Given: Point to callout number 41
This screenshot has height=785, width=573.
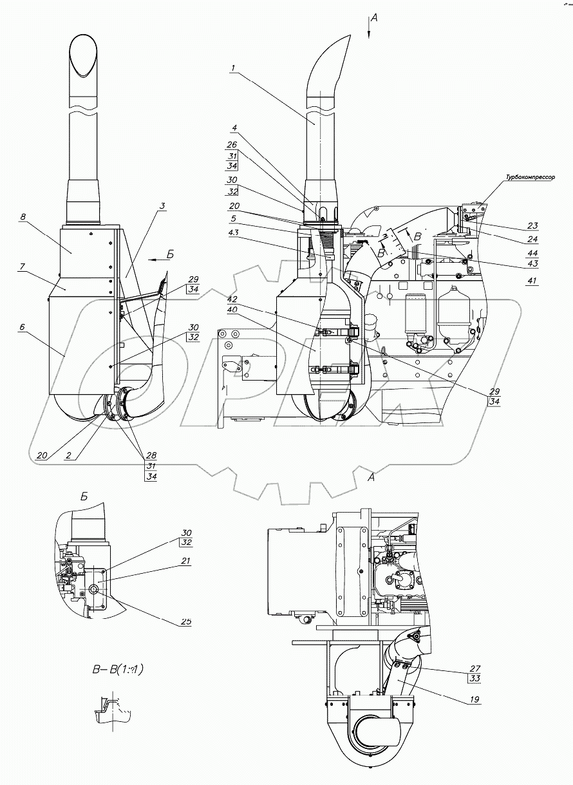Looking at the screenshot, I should click(531, 281).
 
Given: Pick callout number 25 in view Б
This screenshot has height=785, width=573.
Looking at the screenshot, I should click(186, 621).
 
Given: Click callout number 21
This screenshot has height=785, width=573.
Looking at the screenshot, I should click(186, 561).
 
